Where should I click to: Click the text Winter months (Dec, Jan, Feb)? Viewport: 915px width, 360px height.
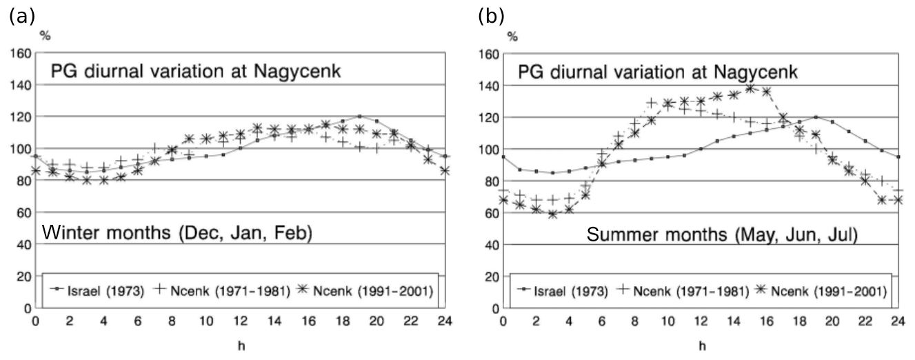(177, 234)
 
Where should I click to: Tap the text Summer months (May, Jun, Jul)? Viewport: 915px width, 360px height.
(722, 236)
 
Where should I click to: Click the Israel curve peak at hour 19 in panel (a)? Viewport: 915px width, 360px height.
(359, 117)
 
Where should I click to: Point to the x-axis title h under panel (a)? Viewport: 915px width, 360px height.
(240, 345)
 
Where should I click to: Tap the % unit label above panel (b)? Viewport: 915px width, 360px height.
(512, 36)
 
